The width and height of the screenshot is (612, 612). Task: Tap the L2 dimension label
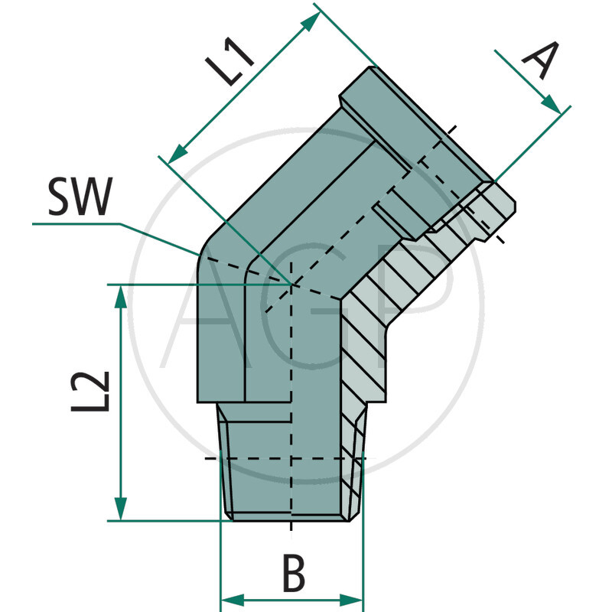point(90,392)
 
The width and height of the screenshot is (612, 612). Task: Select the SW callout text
point(80,200)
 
